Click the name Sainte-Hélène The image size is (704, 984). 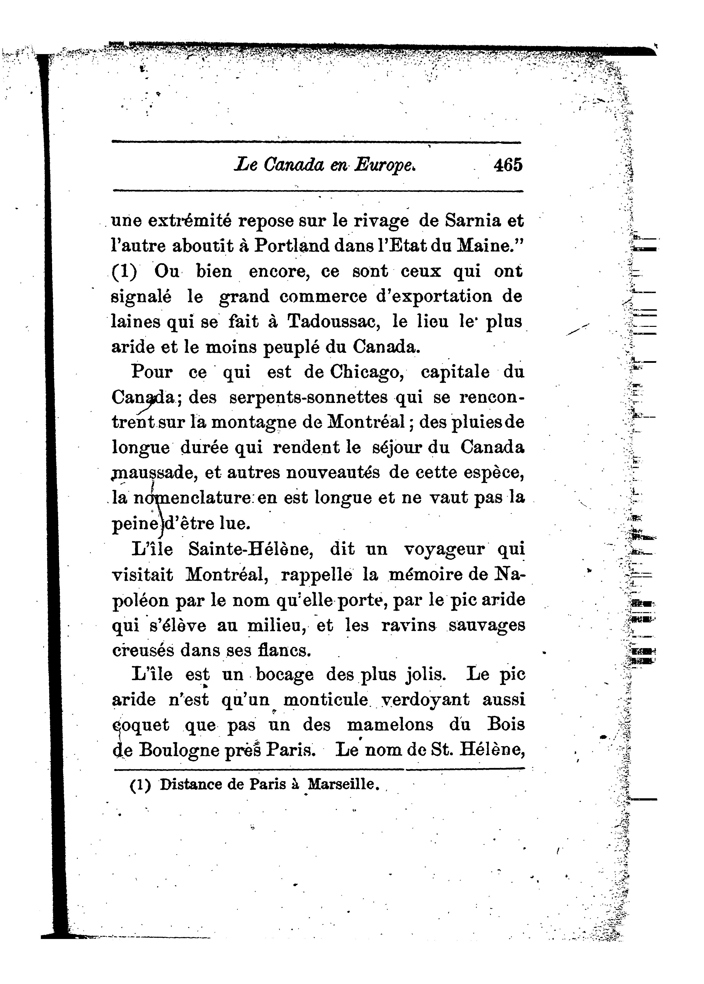[x=250, y=550]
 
